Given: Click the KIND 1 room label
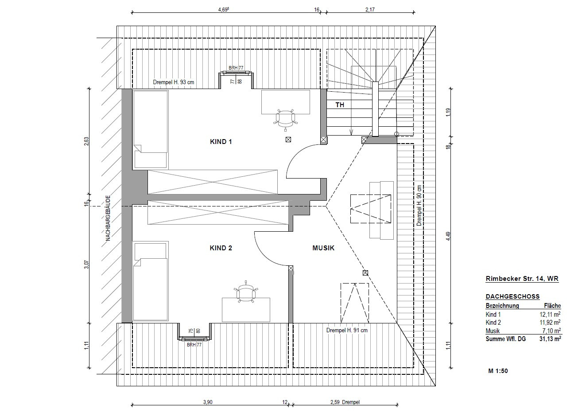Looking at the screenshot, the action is (x=221, y=142).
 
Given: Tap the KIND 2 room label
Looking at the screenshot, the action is (x=221, y=248).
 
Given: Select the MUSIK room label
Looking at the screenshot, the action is (x=323, y=248).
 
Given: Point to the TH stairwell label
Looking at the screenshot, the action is (x=340, y=105).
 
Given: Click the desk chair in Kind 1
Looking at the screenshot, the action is (x=285, y=119).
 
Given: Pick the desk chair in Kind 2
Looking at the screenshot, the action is (x=246, y=292).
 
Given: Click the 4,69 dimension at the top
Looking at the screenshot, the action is (x=224, y=10).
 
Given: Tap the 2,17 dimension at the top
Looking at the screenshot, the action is (x=370, y=10).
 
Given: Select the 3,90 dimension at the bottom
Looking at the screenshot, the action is (x=208, y=402).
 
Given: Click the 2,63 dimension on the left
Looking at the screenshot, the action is (x=86, y=141).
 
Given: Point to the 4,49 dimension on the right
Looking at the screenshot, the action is (x=448, y=237).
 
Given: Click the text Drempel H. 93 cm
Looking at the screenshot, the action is (x=174, y=82).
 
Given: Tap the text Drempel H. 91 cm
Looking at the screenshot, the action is (x=347, y=330).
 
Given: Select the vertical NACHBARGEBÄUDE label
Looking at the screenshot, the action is (x=108, y=218).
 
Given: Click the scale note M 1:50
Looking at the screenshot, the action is (x=498, y=371).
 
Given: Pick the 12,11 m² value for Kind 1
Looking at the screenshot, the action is (x=550, y=314).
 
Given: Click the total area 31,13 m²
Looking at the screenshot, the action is (x=550, y=339).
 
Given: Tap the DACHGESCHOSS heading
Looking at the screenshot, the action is (x=512, y=296).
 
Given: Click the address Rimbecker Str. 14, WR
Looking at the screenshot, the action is (x=522, y=279).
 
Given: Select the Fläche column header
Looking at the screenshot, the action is (x=552, y=306).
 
